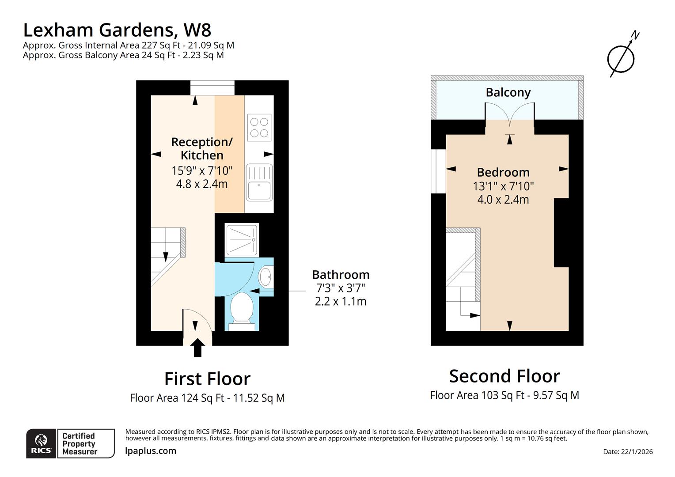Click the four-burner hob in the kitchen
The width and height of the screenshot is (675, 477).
pos(259,127)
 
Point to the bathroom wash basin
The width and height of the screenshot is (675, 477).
pos(266,277)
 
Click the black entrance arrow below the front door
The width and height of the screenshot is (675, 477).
pos(197,348)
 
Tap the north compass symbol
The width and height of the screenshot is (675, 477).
pos(622,57)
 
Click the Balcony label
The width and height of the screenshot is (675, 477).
pos(508,92)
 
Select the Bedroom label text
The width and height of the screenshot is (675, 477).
pos(503,172)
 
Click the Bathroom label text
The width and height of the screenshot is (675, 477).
pos(341,274)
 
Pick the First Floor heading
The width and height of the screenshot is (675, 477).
pos(207,379)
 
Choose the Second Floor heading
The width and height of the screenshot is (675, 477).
pos(504,376)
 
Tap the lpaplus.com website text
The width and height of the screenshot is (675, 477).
pos(151,451)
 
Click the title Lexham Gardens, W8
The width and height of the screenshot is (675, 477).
pos(117,30)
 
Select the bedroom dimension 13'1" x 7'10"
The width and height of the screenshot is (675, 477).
pos(503,186)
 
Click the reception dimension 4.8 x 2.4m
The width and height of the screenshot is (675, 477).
pos(202,184)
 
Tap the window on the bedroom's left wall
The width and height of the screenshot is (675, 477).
pos(438,171)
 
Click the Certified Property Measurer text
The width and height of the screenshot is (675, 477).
pos(79,443)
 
